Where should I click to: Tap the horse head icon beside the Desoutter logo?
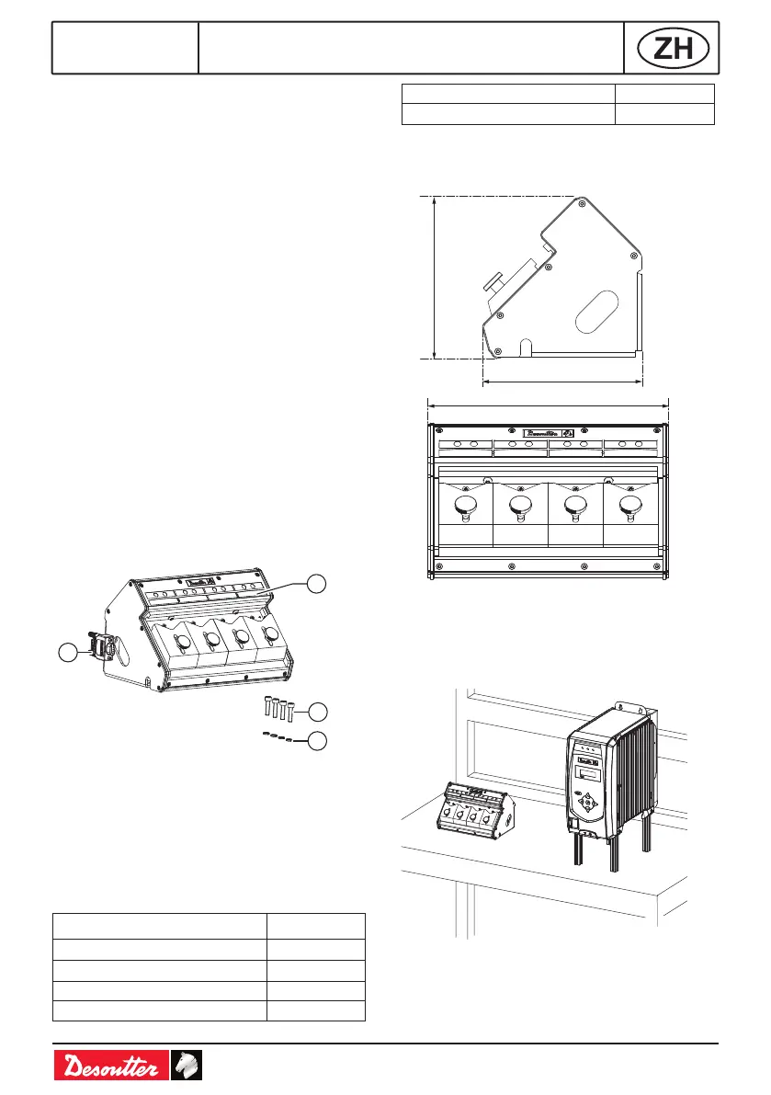coord(187,1067)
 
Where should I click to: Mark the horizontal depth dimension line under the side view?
coord(562,379)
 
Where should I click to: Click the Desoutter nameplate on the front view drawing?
coord(550,432)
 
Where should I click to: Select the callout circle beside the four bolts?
coord(317,711)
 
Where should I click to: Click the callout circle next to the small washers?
coord(317,740)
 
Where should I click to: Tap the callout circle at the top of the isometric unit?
coord(317,584)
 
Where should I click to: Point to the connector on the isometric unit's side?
coord(99,646)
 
